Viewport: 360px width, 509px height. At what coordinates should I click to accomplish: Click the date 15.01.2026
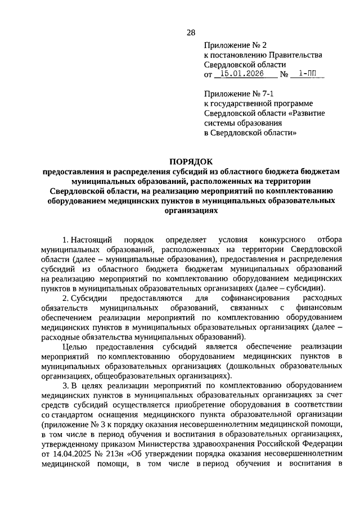coord(237,74)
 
